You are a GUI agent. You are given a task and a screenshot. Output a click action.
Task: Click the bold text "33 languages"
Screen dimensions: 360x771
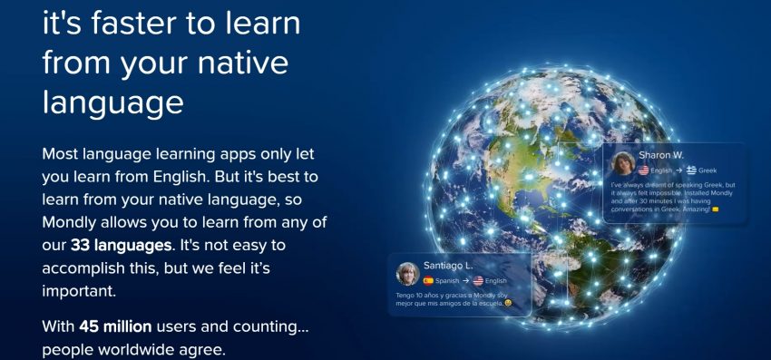point(121,244)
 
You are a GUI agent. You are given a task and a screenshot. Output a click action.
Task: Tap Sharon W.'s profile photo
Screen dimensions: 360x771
point(624,162)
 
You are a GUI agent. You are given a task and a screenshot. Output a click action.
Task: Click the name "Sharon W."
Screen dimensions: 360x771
point(660,155)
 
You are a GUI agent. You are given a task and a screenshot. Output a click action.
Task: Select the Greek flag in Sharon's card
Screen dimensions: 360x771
point(691,170)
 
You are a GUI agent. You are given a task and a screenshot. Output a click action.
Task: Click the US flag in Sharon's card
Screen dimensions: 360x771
point(644,170)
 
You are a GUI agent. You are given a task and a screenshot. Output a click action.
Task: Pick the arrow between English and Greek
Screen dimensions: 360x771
point(679,170)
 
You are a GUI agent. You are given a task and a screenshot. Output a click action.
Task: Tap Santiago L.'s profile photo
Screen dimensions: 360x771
point(407,274)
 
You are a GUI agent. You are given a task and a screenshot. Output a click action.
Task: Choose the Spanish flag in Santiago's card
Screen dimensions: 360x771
point(428,281)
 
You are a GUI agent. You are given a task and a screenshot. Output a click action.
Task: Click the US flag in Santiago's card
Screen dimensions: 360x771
point(478,281)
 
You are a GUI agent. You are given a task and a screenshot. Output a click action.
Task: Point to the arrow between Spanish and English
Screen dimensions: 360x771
point(465,281)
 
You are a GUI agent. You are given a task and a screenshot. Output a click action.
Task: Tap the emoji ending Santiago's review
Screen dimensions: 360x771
point(509,302)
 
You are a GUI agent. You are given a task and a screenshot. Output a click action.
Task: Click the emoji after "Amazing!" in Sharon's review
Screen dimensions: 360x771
point(716,209)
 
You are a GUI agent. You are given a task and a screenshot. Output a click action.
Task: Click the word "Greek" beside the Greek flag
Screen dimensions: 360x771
point(708,170)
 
